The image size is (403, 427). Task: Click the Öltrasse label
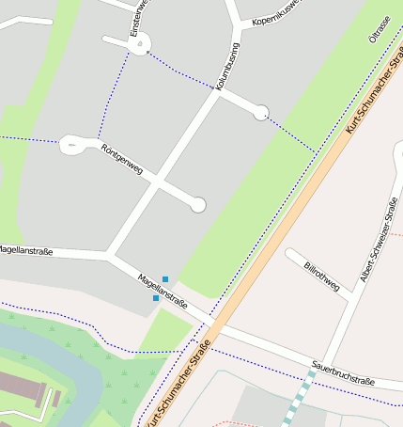click(x=380, y=29)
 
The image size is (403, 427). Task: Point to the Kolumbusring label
click(x=228, y=67)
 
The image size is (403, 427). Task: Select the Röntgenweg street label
click(x=121, y=160)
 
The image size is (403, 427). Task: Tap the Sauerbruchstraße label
click(x=343, y=372)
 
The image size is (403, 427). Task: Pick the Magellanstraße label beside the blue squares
click(x=163, y=292)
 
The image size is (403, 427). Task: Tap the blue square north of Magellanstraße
click(x=165, y=279)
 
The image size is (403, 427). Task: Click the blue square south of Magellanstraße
click(x=156, y=298)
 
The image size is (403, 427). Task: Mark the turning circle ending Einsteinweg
click(x=140, y=46)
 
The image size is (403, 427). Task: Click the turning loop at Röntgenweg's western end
click(x=72, y=145)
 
